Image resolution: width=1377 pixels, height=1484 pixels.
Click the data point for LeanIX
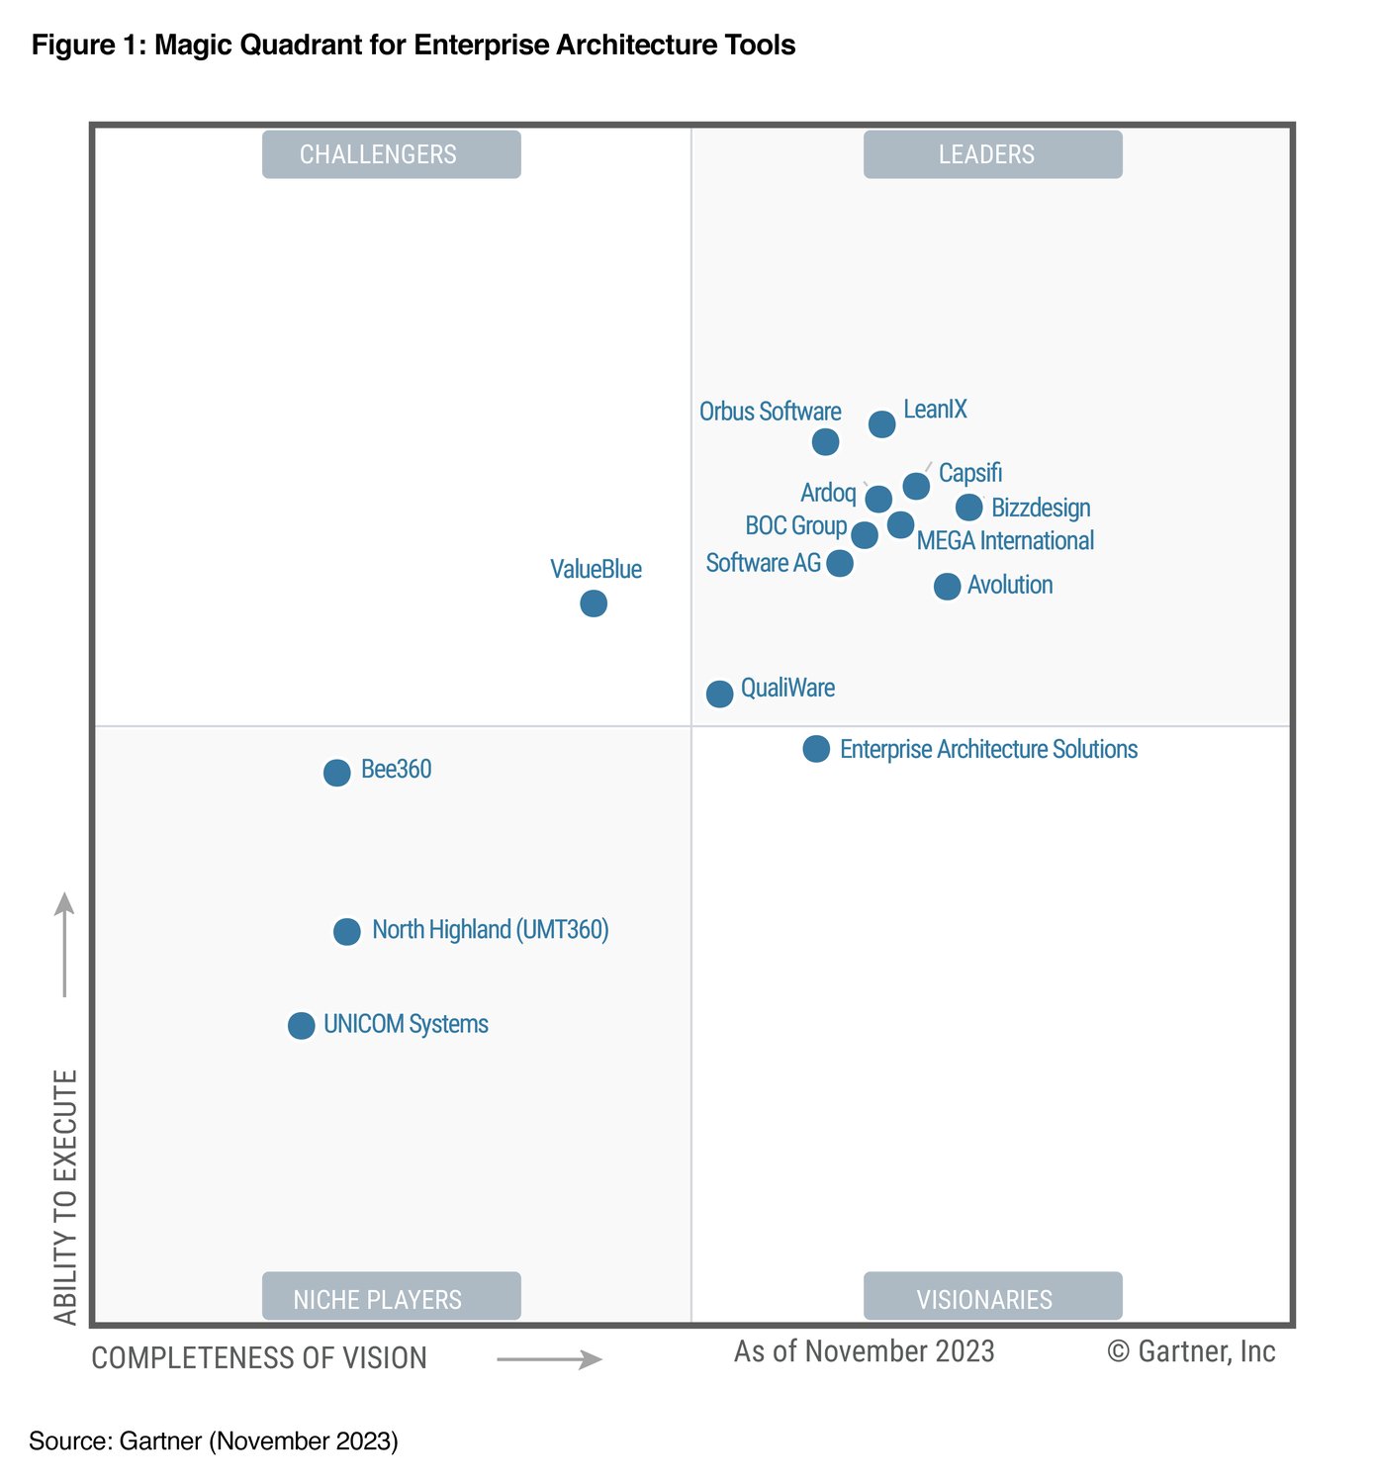coord(881,424)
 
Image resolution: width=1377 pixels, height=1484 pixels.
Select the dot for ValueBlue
coord(594,603)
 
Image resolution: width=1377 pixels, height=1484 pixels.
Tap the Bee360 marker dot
coord(337,773)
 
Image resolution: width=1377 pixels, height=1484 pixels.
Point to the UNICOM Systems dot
coord(302,1026)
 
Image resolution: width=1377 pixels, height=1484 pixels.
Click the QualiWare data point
coord(720,694)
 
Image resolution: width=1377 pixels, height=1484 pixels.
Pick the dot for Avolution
coord(947,587)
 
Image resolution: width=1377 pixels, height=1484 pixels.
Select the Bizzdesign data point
coord(969,508)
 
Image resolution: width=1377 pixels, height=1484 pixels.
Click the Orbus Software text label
coord(770,412)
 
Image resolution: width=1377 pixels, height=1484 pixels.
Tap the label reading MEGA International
coord(1005,541)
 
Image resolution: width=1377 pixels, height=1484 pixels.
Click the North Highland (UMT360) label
coord(490,930)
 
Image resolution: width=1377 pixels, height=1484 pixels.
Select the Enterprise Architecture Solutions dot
coord(816,749)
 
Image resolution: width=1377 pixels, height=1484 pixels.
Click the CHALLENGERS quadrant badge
coord(391,154)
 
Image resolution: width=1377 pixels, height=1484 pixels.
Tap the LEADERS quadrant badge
coord(992,154)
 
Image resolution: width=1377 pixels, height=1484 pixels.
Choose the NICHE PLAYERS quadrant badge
coord(391,1297)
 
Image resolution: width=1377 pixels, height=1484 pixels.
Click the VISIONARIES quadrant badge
coord(992,1297)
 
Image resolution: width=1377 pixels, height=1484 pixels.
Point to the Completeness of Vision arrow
coord(549,1360)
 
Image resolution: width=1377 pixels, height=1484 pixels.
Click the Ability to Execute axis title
coord(65,1197)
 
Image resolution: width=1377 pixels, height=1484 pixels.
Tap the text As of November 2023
coord(864,1351)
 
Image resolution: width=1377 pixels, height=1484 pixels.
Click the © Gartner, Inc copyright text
coord(1191,1351)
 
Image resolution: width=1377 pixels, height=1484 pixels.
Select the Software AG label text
coord(763,563)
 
